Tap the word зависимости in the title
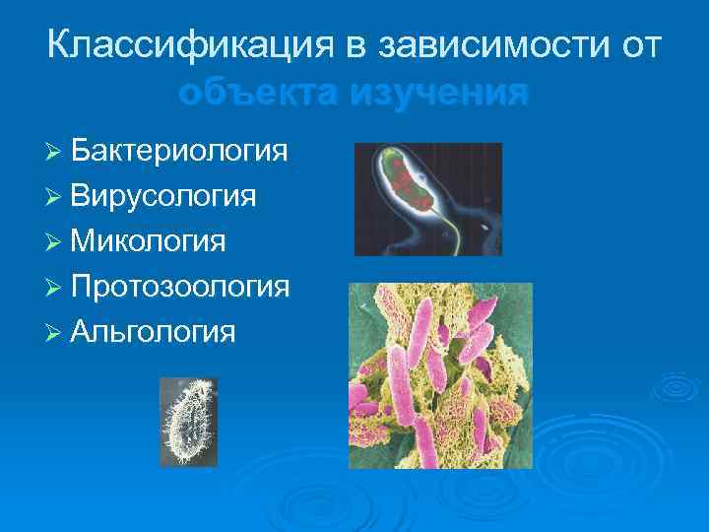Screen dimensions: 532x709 [x=491, y=45]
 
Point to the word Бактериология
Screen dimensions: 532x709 [x=179, y=151]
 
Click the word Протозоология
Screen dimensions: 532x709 [x=180, y=286]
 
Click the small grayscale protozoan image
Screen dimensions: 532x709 [x=189, y=423]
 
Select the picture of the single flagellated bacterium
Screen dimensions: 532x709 [x=427, y=200]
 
